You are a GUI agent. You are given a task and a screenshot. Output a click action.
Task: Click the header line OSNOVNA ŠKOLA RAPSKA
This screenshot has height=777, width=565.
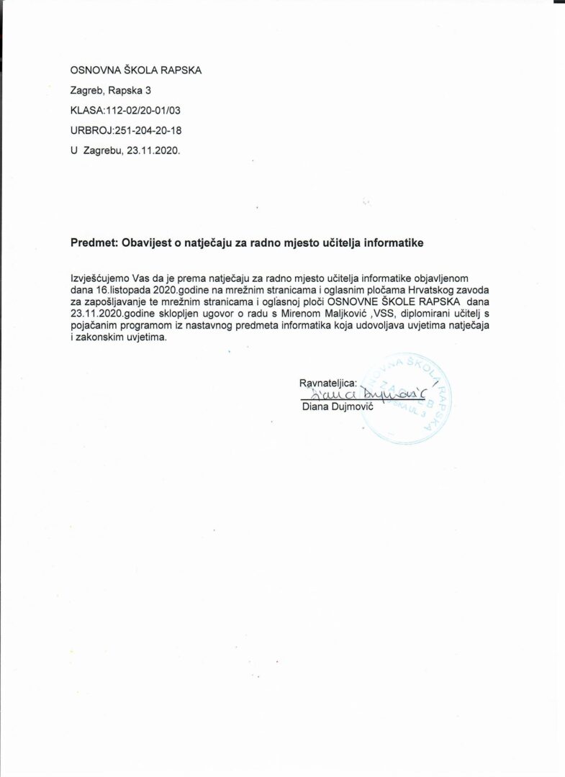pos(136,70)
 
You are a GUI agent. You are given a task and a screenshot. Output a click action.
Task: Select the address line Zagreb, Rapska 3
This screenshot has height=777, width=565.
pos(110,91)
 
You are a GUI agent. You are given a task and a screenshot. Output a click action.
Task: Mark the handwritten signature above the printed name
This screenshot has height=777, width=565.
pos(364,394)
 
